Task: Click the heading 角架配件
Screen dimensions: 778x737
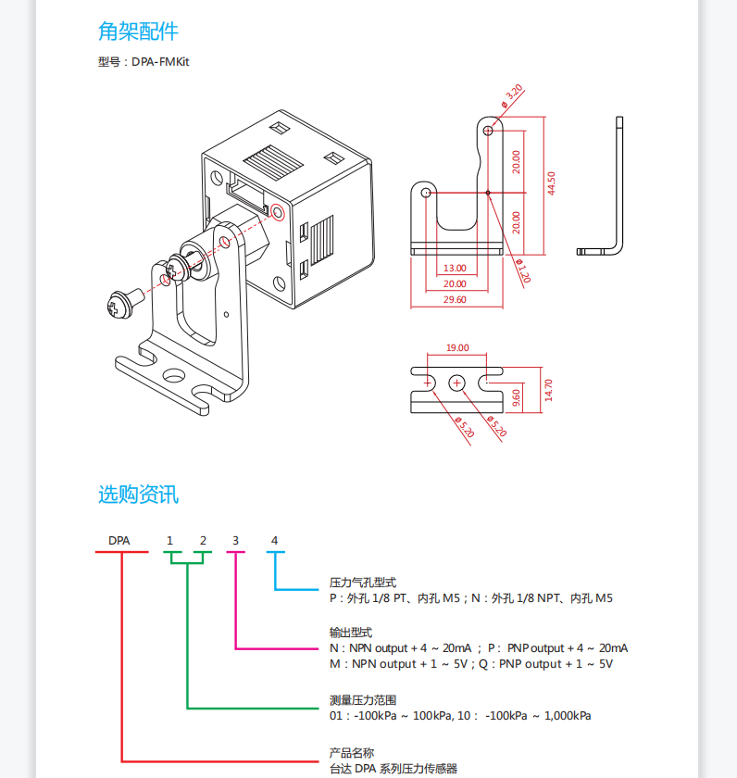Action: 138,31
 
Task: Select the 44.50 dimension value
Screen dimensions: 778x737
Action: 551,182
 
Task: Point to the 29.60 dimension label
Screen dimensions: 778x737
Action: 455,299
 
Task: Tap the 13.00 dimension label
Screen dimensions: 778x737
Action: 455,268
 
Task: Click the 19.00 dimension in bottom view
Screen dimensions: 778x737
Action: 457,348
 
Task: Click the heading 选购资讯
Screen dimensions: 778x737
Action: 138,495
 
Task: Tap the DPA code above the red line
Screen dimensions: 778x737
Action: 119,540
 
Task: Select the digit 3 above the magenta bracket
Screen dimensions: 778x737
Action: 235,540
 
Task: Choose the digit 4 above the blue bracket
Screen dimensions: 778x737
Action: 274,540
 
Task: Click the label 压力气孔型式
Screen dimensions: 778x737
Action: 363,583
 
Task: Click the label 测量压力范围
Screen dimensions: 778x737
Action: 363,700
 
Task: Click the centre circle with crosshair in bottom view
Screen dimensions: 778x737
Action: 457,382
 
